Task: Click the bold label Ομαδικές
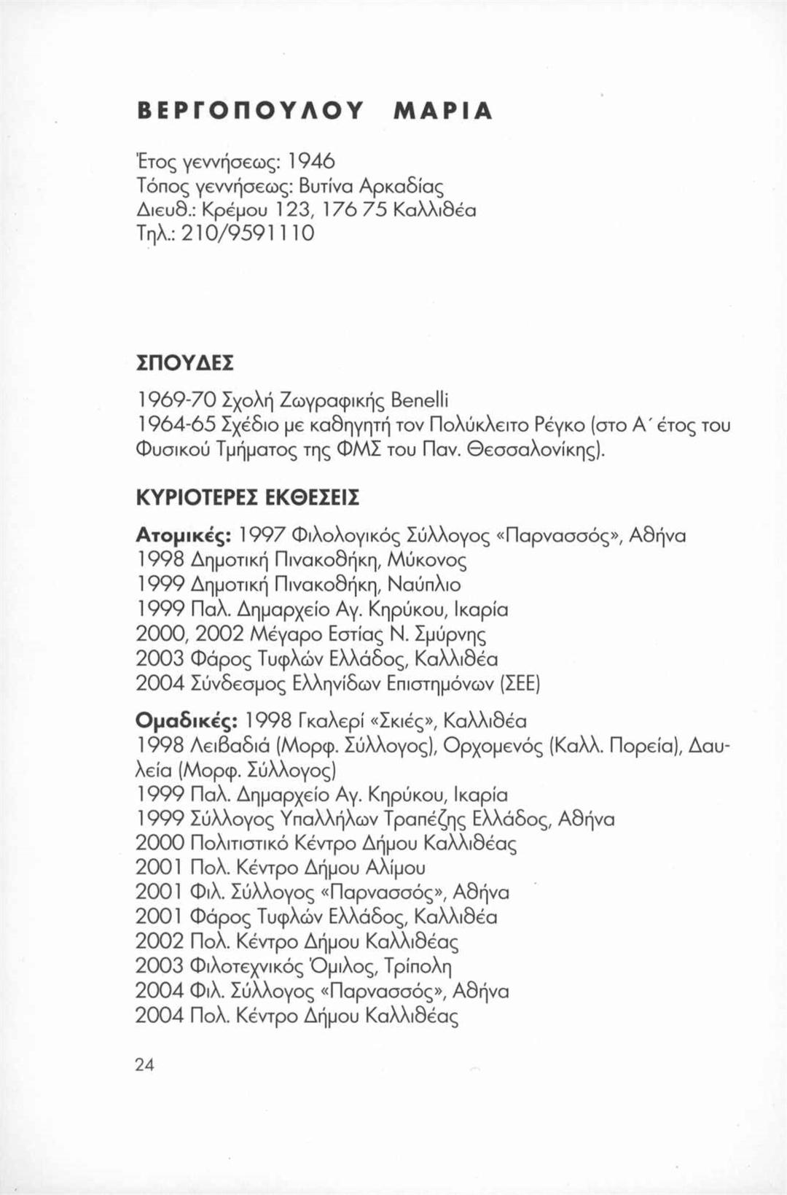click(x=186, y=721)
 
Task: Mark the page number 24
click(x=145, y=1064)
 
